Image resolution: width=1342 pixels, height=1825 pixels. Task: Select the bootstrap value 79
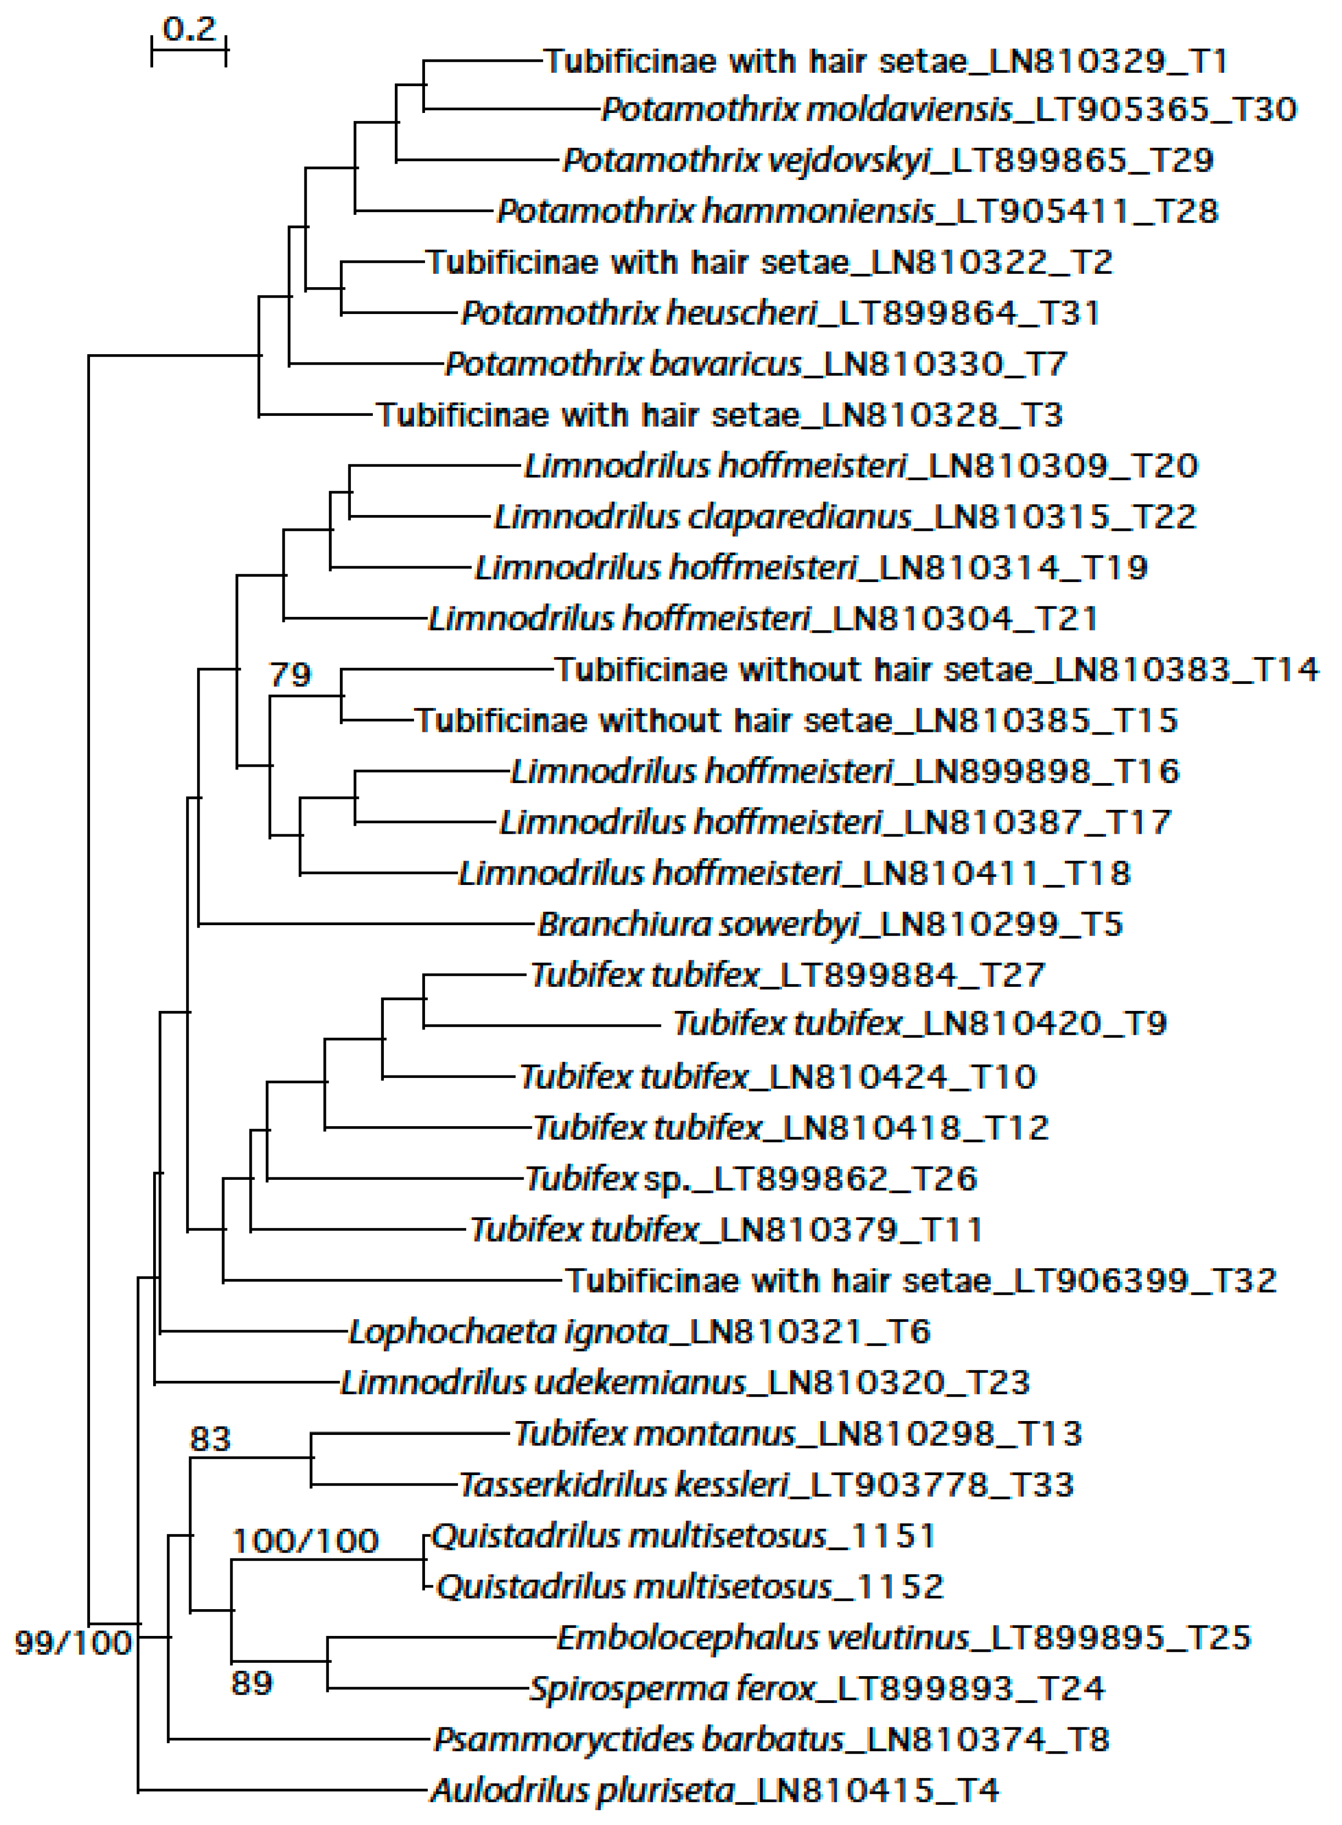point(290,674)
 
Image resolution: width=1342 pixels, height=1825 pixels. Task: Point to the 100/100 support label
point(305,1541)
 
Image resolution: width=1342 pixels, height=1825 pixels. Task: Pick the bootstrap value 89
point(252,1684)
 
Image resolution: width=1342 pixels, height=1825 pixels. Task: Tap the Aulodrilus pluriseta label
point(715,1791)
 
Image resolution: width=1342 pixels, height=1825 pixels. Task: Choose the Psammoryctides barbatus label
point(772,1740)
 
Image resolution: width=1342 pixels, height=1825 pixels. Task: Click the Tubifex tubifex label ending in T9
point(919,1023)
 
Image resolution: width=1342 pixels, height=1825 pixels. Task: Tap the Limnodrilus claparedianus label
point(845,516)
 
